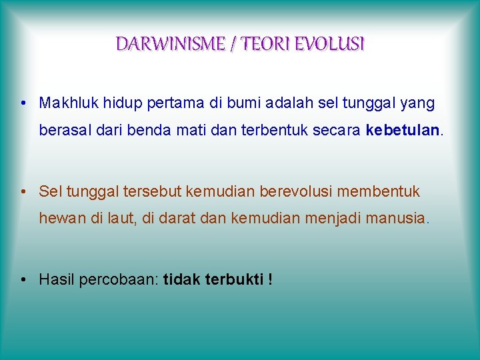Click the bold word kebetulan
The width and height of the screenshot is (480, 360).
click(403, 130)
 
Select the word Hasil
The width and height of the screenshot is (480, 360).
click(57, 279)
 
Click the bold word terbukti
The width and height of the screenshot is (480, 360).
click(235, 279)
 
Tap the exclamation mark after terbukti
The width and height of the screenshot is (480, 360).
click(270, 279)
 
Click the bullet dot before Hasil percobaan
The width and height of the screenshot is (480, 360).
click(23, 280)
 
